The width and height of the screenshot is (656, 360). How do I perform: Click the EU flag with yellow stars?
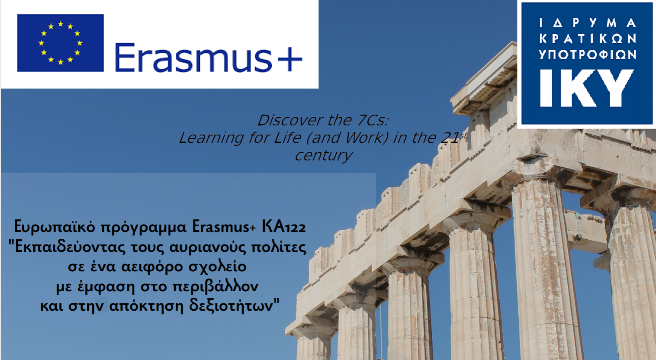pos(60,43)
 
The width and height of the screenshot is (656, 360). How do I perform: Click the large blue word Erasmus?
pos(193,58)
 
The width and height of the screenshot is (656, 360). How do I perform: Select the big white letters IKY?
pos(587,88)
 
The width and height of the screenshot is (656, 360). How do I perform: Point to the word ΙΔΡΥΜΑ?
pos(587,22)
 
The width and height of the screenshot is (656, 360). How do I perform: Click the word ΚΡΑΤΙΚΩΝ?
pos(588,39)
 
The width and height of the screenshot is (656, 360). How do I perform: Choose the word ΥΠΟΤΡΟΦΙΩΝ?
pos(588,55)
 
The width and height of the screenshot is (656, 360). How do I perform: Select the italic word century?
pos(323,155)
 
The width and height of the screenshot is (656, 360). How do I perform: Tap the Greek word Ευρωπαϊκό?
pos(55,227)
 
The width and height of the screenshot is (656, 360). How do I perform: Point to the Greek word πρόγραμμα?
pos(144,228)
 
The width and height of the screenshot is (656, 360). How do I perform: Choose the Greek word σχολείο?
pos(217,267)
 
